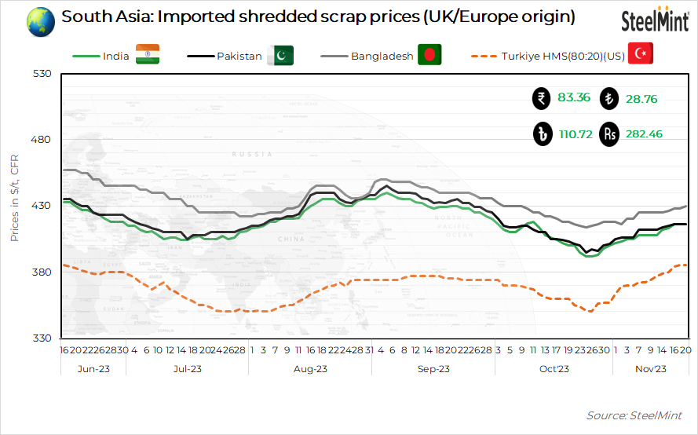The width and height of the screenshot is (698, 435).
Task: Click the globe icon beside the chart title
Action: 40,20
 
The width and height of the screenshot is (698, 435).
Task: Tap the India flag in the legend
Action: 147,54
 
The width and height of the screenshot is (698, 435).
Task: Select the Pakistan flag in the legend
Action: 280,55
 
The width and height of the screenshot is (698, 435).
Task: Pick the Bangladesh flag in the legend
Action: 429,55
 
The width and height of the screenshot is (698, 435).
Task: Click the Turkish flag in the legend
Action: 641,54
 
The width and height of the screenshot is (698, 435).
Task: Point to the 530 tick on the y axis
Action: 41,74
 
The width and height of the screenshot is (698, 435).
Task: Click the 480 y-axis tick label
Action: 41,140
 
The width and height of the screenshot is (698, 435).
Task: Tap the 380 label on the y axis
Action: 41,272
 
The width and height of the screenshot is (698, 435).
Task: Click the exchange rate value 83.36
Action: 573,98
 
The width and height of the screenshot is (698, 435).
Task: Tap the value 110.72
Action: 574,134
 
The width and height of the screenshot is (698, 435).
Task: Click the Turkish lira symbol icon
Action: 608,99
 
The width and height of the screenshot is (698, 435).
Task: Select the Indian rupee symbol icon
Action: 541,99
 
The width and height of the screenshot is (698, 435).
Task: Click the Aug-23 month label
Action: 310,368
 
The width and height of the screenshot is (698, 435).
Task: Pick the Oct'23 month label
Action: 554,368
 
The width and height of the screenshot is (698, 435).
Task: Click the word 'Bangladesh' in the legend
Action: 382,56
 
